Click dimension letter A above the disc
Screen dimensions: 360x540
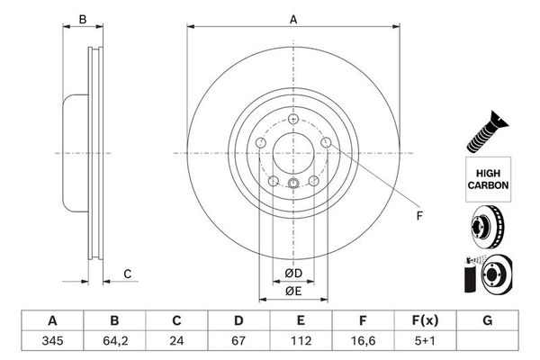click(x=292, y=17)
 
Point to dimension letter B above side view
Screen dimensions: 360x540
click(x=82, y=17)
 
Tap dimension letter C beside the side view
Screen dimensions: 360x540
click(x=128, y=274)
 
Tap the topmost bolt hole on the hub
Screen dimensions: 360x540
click(x=294, y=118)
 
